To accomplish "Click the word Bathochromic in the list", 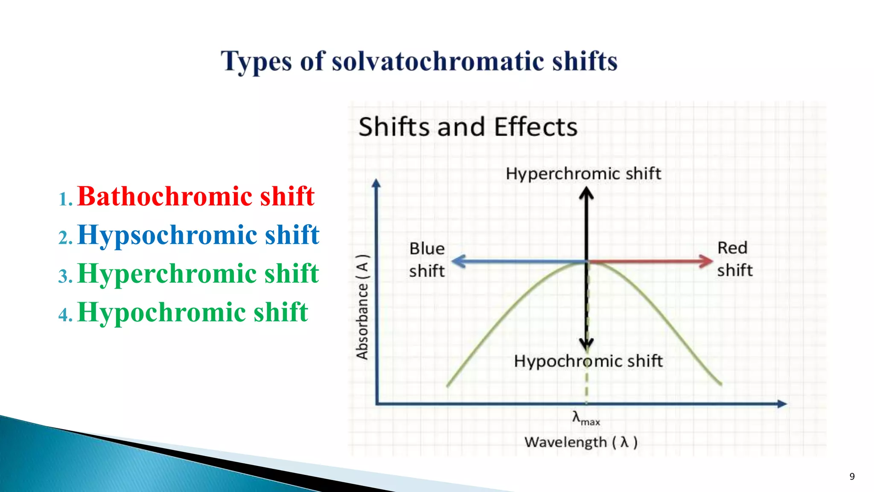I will [165, 197].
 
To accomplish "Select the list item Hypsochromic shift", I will [198, 235].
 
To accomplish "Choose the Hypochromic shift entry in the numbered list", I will [192, 312].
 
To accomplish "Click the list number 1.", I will [65, 199].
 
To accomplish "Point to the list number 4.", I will [65, 315].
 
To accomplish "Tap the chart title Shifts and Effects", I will [468, 127].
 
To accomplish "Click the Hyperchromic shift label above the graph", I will [583, 174].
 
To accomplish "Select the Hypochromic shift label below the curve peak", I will [588, 361].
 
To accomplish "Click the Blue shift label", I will [426, 260].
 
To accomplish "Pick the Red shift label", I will [734, 259].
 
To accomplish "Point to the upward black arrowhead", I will [586, 192].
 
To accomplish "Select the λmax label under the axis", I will [586, 418].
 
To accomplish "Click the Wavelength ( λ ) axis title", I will [581, 442].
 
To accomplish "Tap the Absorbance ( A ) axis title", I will [362, 307].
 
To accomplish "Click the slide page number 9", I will [852, 477].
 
